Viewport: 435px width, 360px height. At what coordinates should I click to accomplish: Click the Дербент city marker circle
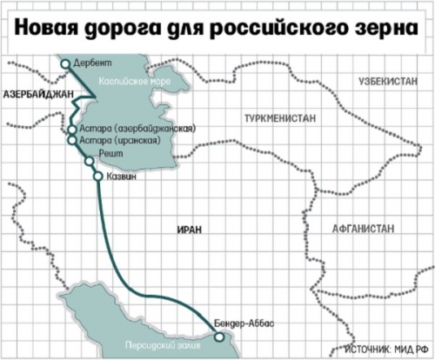(x=65, y=63)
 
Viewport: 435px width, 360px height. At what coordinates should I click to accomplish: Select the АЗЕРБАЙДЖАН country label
(x=34, y=91)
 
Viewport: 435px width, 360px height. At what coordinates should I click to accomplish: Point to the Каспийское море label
(x=124, y=80)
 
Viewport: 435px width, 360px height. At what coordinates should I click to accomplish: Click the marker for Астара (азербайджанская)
(x=71, y=130)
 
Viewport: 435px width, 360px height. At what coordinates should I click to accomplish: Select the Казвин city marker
(x=97, y=175)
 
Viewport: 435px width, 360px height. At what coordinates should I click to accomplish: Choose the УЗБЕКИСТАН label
(x=387, y=82)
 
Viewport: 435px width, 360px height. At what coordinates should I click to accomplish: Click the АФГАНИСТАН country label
(x=363, y=228)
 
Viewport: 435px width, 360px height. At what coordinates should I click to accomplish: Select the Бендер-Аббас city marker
(x=220, y=337)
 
